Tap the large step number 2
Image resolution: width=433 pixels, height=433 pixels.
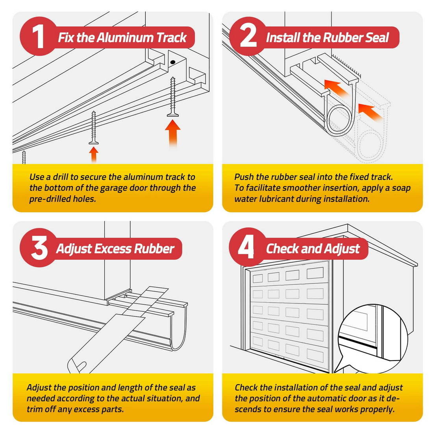point(248,37)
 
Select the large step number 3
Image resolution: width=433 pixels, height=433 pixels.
point(39,248)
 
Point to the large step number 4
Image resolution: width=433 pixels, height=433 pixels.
point(246,248)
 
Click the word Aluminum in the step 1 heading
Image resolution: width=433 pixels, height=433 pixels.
point(125,37)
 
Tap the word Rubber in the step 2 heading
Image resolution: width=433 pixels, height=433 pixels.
point(342,37)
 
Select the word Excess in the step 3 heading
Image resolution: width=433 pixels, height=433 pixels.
point(113,248)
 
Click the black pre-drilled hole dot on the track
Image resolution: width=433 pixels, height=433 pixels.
point(172,62)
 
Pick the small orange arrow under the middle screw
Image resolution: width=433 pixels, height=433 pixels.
point(94,155)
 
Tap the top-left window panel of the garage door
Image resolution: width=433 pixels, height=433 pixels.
point(258,278)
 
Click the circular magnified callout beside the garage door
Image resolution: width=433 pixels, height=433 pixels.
point(373,340)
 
